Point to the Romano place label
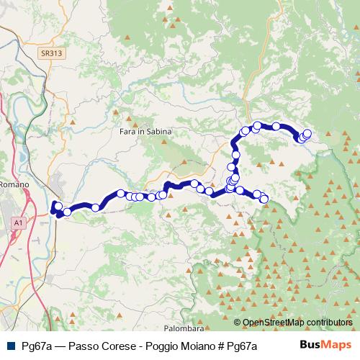click(14, 184)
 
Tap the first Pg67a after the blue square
click(35, 346)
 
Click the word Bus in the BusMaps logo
click(310, 345)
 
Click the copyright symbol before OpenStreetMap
click(238, 323)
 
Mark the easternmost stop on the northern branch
click(307, 133)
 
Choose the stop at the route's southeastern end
click(264, 199)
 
